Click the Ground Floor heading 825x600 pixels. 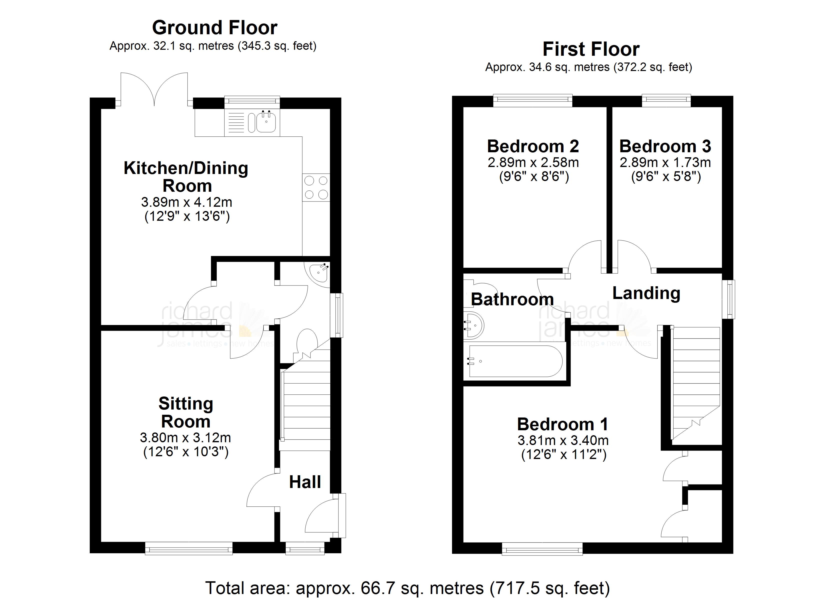(x=214, y=28)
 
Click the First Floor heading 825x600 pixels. (x=591, y=49)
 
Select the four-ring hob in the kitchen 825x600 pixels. (x=316, y=187)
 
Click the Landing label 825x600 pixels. (x=646, y=293)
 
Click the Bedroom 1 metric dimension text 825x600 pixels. (x=563, y=441)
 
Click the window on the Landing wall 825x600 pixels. (x=728, y=299)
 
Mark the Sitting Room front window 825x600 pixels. (x=188, y=548)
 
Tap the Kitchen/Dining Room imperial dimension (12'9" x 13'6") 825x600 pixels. (x=187, y=216)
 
